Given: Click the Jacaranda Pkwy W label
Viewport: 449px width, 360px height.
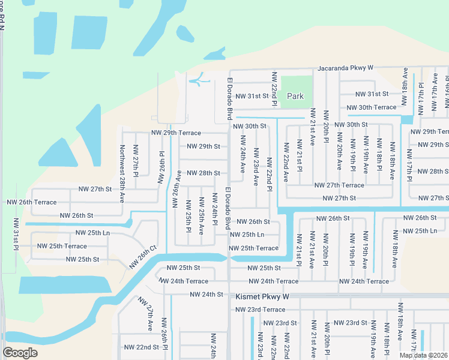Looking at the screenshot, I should point(346,68).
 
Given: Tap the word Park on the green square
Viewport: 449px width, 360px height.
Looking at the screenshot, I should point(295,96).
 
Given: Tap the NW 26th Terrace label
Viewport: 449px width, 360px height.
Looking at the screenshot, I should point(31,202).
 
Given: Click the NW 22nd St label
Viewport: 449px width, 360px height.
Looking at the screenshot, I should point(141,347).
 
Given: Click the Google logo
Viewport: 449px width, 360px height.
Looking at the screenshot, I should point(20,353).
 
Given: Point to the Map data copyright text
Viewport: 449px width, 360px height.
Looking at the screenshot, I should point(423,355).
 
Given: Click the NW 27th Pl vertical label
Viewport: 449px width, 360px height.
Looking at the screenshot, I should point(136,159).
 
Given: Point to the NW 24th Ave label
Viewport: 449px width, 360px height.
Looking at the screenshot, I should point(243,154).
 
